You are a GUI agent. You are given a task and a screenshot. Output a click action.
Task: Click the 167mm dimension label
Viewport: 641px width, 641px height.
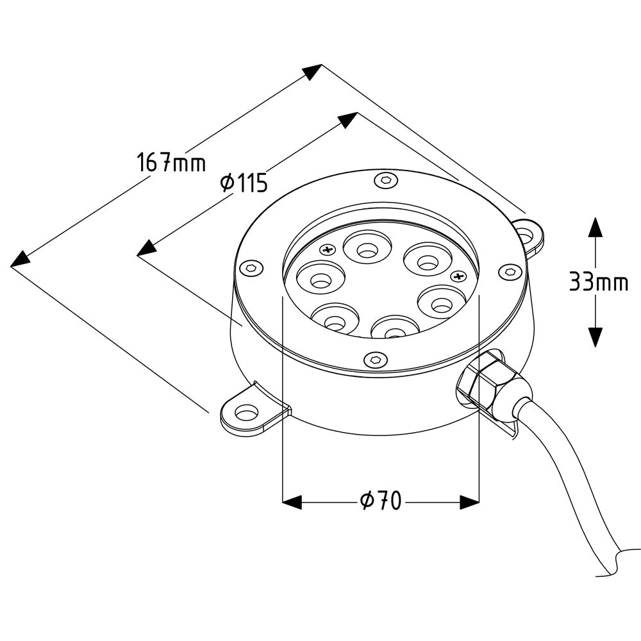171,162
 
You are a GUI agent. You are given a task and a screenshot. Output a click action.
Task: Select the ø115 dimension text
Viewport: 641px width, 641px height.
244,182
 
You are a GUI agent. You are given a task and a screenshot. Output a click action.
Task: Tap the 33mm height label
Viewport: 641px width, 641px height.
599,281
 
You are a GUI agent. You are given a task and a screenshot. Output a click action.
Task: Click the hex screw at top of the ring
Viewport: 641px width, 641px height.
387,180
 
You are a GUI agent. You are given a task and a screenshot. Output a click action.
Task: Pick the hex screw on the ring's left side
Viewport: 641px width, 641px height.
251,268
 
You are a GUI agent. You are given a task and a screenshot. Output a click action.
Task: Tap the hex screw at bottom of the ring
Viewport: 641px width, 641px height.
375,359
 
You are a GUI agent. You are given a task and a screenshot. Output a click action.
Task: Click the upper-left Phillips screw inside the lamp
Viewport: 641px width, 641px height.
328,249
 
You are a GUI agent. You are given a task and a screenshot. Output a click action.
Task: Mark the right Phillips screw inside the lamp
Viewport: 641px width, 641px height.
458,276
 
